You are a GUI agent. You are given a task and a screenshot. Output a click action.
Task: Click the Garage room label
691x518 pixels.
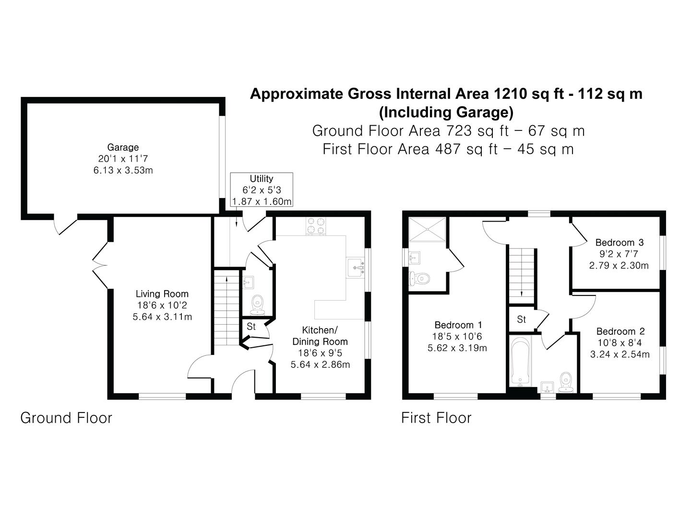(123, 148)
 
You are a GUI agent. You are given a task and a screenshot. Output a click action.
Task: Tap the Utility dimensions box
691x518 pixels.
(262, 190)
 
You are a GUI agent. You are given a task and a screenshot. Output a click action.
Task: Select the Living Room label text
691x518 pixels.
(162, 294)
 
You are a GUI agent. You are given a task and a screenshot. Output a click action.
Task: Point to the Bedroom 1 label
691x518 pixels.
(458, 325)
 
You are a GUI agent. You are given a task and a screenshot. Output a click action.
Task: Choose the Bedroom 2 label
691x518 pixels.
(620, 331)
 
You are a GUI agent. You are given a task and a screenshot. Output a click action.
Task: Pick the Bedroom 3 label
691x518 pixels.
(619, 243)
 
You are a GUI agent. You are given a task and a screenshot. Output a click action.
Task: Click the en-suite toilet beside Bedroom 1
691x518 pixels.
(419, 278)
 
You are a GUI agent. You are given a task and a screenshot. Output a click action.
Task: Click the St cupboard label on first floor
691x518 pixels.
(522, 319)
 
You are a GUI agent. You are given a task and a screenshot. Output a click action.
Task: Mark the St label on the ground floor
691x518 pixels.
(251, 327)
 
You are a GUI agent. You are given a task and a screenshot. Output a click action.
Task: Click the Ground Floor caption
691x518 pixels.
(66, 418)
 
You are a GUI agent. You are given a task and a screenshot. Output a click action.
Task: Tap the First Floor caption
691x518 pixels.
(436, 418)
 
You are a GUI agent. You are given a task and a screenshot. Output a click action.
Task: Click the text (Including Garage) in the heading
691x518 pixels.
(446, 112)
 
